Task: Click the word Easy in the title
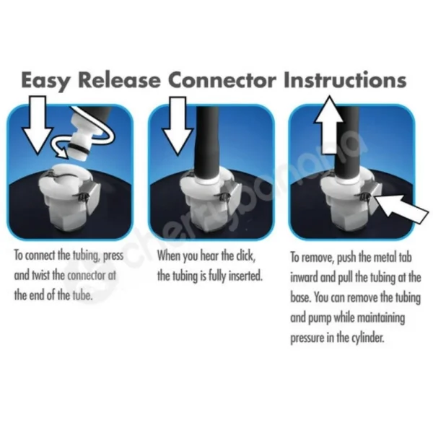[x=45, y=81]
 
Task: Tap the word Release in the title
[x=119, y=80]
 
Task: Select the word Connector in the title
[x=222, y=80]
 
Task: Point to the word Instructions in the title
[x=345, y=80]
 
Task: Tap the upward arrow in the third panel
[x=328, y=125]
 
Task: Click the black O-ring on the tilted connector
[x=79, y=149]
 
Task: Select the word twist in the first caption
[x=41, y=276]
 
